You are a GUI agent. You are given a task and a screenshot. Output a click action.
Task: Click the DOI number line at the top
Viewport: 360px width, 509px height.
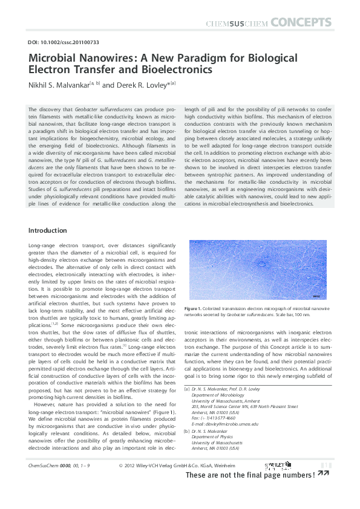(x=64, y=42)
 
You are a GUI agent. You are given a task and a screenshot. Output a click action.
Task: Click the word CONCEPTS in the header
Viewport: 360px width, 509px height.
(x=301, y=24)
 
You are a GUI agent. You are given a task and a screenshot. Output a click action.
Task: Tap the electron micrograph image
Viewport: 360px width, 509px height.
(x=258, y=270)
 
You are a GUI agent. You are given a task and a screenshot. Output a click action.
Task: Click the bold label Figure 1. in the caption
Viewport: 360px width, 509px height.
(x=200, y=309)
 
